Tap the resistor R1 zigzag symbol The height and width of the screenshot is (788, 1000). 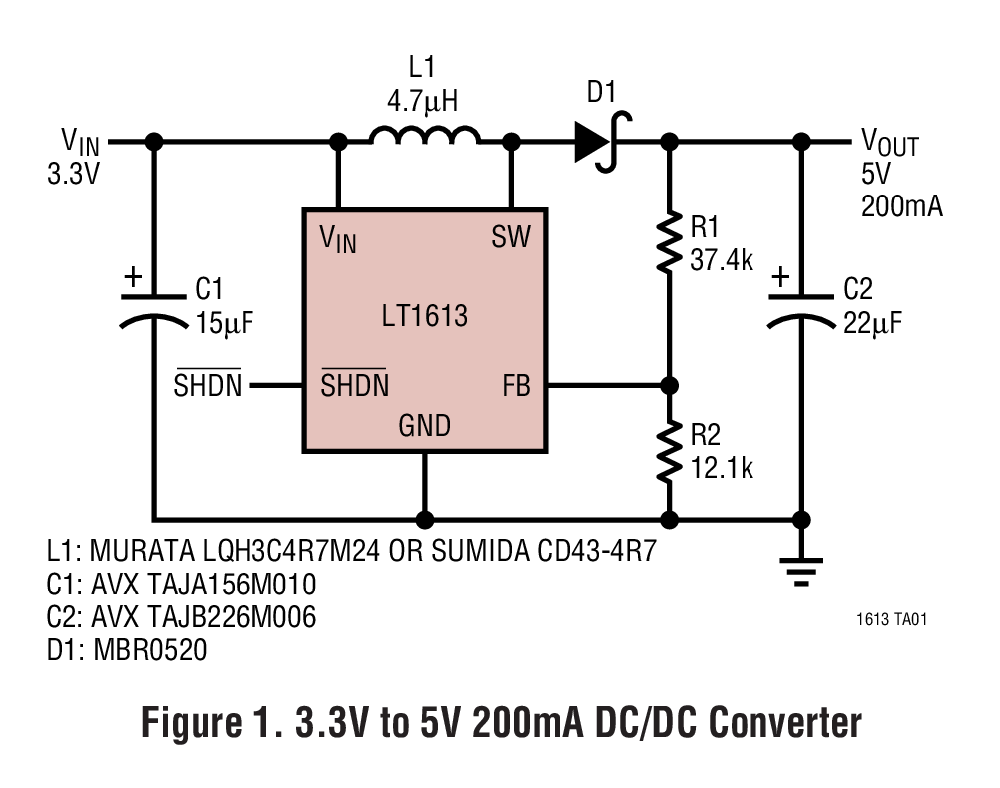coord(668,243)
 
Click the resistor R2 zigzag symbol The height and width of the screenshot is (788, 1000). coord(668,452)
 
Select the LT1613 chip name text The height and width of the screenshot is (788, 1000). coord(424,317)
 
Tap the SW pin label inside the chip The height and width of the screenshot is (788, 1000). coord(511,237)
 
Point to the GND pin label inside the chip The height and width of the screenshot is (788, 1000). coord(425,427)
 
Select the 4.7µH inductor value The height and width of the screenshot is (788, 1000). coord(423,101)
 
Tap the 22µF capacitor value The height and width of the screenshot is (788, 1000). coord(874,324)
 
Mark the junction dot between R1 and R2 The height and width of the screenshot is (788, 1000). coord(668,385)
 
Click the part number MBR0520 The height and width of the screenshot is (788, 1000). coord(150,651)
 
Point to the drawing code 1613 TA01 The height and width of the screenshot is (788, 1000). coord(891,619)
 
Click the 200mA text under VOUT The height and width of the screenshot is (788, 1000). coord(901,206)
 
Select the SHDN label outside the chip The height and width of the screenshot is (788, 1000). coord(208,386)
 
